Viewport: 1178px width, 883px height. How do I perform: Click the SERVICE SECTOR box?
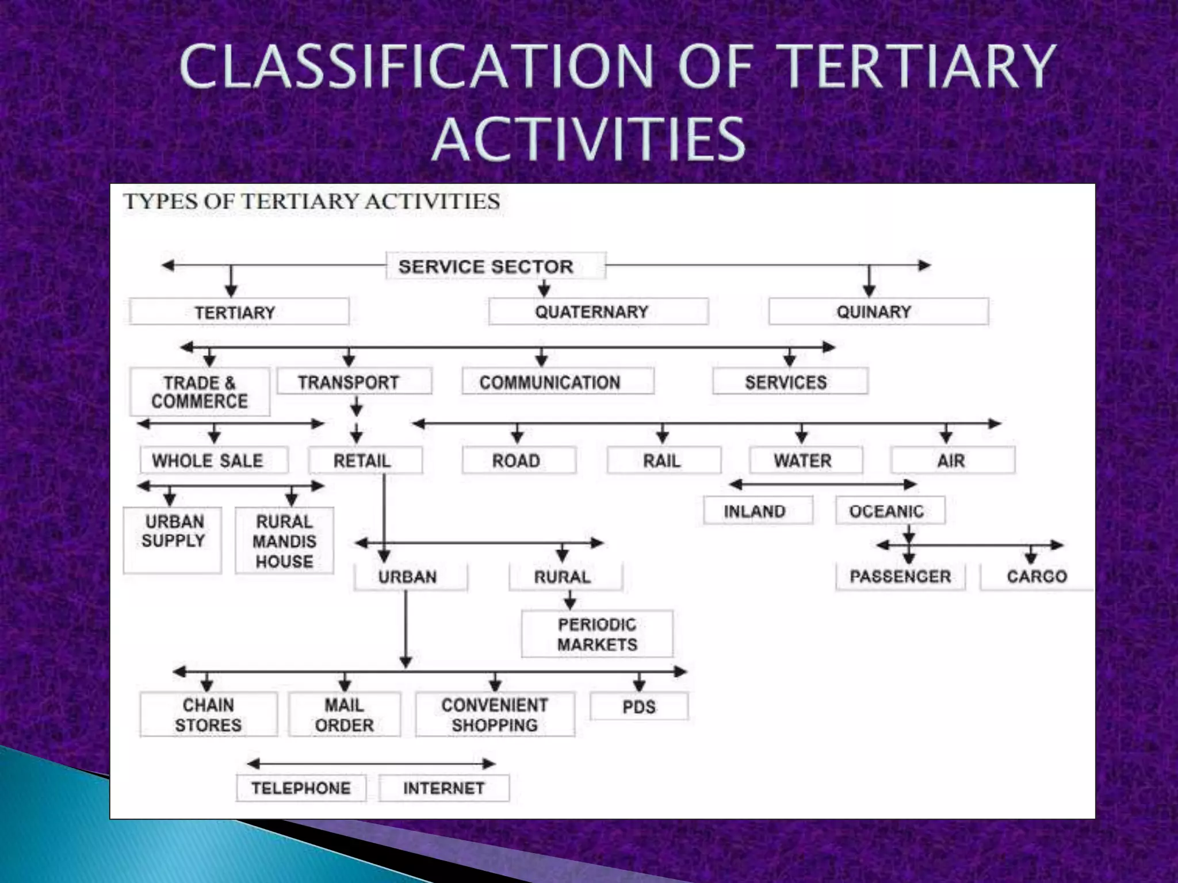tap(495, 266)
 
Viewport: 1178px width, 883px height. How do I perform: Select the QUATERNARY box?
tap(598, 312)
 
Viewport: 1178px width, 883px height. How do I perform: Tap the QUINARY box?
tap(878, 312)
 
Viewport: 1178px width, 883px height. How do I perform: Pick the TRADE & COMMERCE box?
tap(200, 391)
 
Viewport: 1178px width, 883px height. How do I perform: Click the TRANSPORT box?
tap(354, 382)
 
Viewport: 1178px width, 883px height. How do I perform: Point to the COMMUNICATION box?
tap(557, 382)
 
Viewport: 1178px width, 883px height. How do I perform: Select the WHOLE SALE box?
tap(214, 460)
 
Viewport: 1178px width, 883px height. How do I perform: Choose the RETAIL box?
tap(365, 460)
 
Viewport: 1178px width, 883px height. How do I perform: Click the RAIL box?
tap(663, 460)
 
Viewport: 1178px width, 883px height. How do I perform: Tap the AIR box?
tap(953, 460)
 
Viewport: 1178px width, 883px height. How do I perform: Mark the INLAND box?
tap(758, 510)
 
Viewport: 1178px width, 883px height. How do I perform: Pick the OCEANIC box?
tap(890, 510)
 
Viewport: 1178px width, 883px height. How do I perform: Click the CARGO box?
tap(1036, 577)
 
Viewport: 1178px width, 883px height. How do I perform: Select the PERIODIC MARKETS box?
tap(596, 634)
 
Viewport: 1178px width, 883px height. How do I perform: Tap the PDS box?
tap(639, 707)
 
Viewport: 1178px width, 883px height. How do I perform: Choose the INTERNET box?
tap(444, 788)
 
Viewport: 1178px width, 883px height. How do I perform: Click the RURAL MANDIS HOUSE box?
tap(284, 541)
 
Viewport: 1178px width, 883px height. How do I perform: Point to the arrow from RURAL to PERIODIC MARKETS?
tap(569, 601)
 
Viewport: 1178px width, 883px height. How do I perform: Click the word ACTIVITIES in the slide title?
tap(588, 139)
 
